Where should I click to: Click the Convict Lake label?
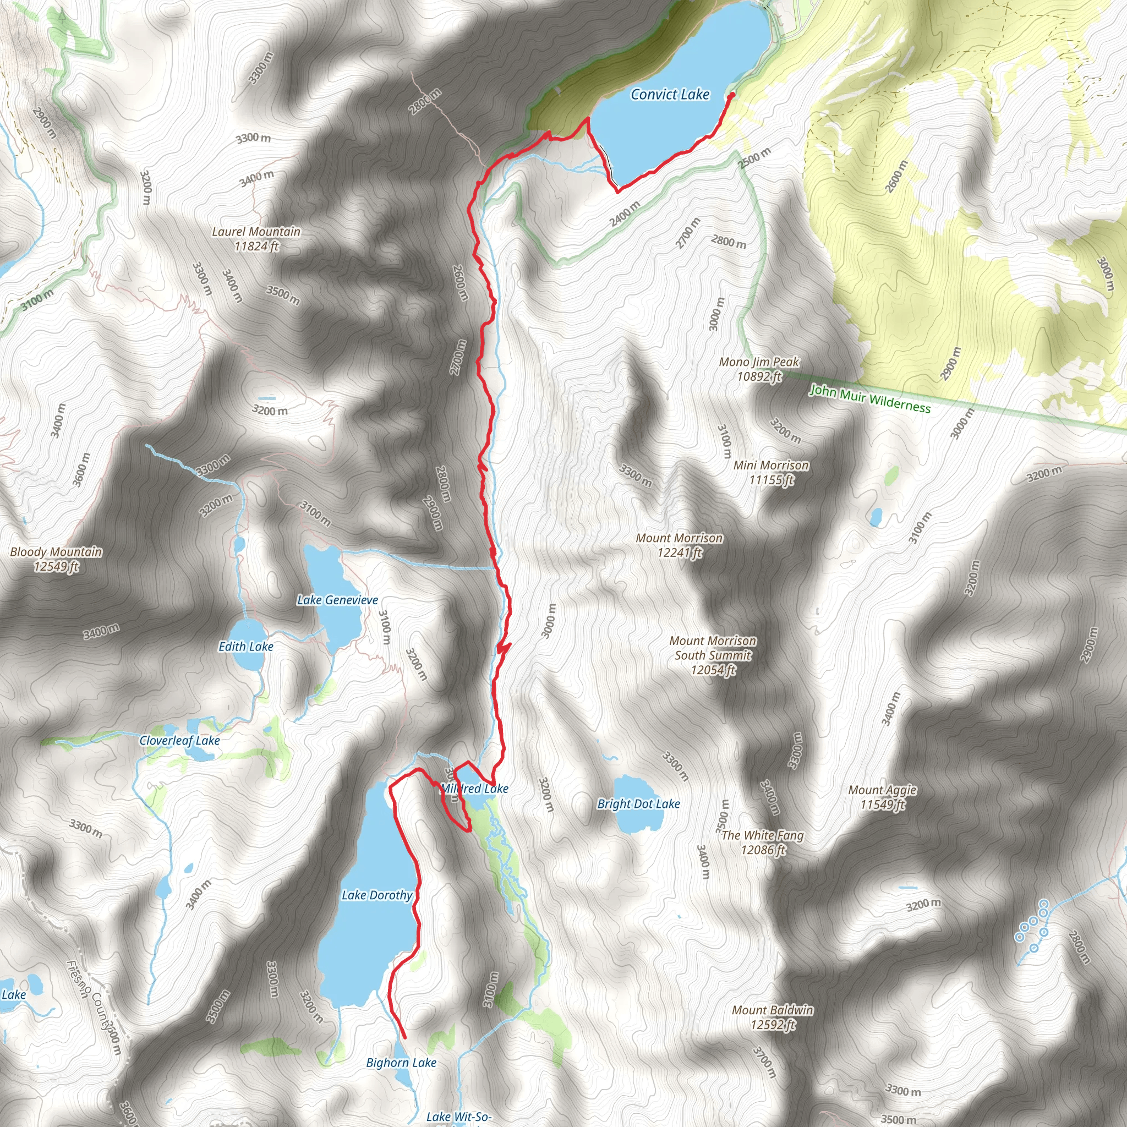point(670,95)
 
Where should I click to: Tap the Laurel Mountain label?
point(256,239)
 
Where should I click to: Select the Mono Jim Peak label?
point(758,369)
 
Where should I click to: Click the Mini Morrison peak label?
point(771,472)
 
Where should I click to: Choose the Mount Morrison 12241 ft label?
point(679,545)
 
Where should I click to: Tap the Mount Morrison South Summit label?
point(713,654)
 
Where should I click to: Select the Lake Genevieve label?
point(337,600)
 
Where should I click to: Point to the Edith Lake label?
point(245,647)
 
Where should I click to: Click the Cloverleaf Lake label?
point(179,740)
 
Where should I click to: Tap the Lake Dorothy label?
point(377,895)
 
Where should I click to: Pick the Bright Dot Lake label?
point(638,803)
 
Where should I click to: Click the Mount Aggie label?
point(882,797)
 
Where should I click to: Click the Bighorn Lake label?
point(401,1062)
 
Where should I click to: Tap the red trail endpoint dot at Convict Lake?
point(731,94)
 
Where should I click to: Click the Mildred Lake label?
point(474,789)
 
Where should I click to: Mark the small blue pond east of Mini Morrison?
point(876,516)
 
